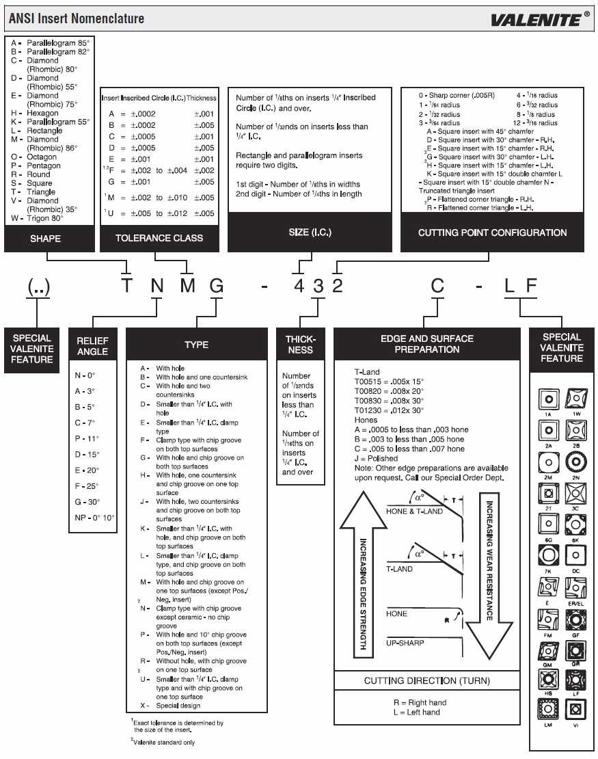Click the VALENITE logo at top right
click(x=539, y=19)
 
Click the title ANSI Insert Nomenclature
click(x=77, y=18)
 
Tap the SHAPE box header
click(x=46, y=239)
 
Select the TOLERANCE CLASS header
click(x=159, y=238)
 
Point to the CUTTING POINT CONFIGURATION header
click(x=492, y=232)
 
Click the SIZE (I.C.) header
click(x=310, y=232)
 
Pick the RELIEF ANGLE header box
click(x=92, y=346)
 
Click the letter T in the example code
click(x=126, y=285)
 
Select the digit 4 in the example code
click(x=299, y=285)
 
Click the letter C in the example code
click(x=437, y=285)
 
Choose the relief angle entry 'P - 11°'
click(x=87, y=438)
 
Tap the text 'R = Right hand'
click(x=420, y=702)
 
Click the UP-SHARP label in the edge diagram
click(x=405, y=643)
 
